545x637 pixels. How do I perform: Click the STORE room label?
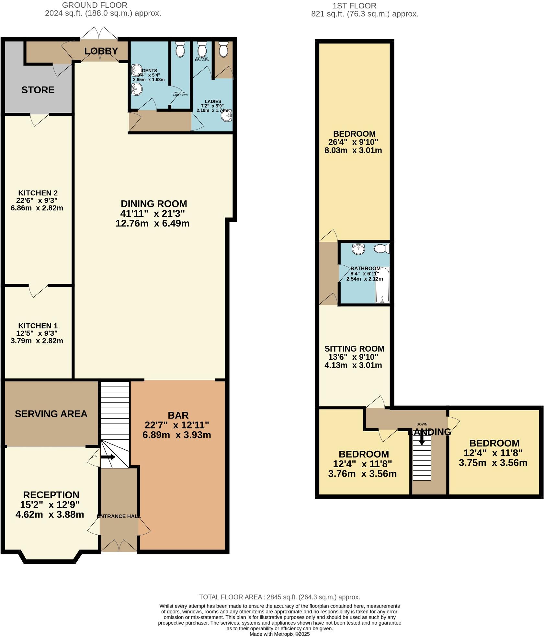tap(38, 90)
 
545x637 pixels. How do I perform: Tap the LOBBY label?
tap(101, 51)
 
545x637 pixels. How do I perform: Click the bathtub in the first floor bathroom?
tap(382, 285)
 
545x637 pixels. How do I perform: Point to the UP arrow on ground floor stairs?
tap(108, 457)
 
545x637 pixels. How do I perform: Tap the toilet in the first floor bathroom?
tap(381, 249)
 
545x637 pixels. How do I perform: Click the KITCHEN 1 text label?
tap(38, 326)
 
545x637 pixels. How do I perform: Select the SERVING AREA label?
tap(51, 414)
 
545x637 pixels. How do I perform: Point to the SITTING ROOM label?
tap(354, 349)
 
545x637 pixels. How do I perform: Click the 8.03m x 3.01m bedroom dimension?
tap(353, 150)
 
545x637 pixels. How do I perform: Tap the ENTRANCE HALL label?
tap(119, 516)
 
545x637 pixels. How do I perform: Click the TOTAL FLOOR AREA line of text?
tap(279, 597)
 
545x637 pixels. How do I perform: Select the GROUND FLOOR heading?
tap(95, 5)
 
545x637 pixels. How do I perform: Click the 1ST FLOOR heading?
tap(354, 6)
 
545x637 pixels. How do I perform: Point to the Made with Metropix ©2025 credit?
tap(279, 634)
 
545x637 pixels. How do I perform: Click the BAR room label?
tap(178, 415)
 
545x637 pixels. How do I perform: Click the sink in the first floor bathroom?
tap(358, 249)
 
